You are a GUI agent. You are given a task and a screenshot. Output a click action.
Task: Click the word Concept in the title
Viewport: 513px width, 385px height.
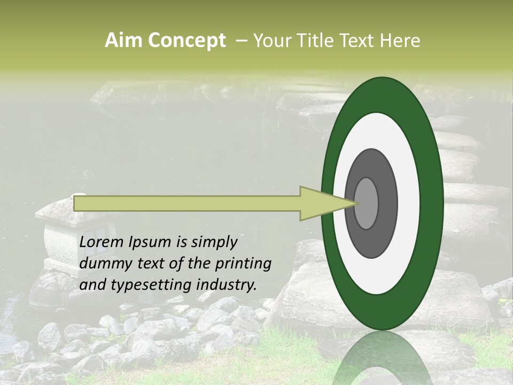[x=186, y=41]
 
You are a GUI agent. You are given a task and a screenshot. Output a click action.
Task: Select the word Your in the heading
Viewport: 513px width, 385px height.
[x=271, y=41]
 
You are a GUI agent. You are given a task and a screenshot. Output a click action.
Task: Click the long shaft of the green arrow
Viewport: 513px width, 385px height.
[x=187, y=203]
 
